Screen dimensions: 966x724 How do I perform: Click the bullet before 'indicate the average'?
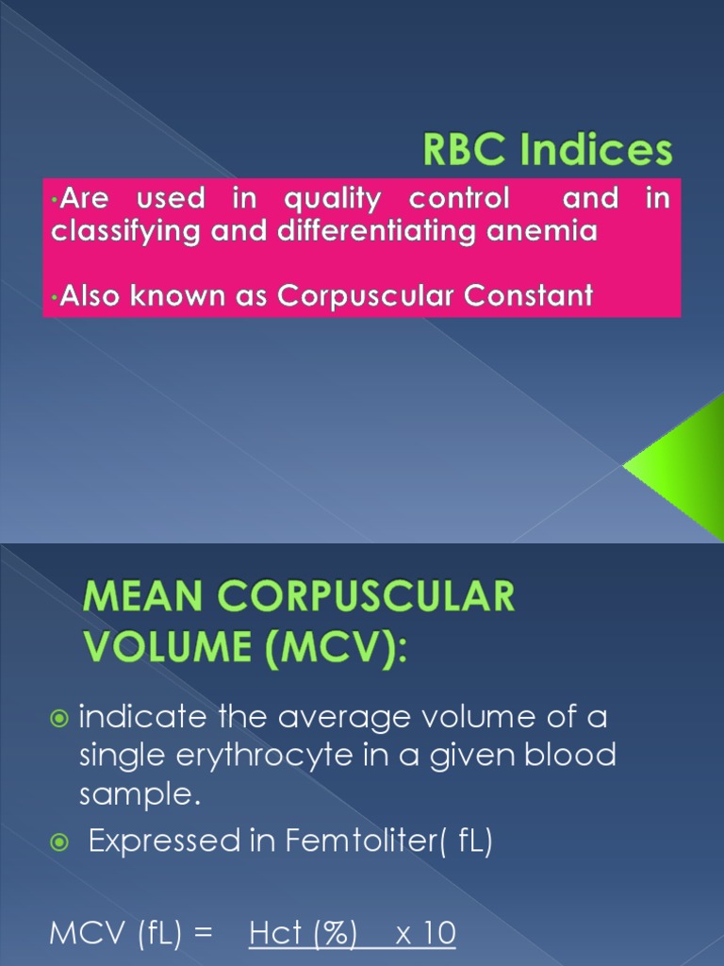[60, 720]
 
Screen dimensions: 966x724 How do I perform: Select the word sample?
[139, 795]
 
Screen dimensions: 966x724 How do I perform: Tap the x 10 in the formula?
[425, 934]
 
